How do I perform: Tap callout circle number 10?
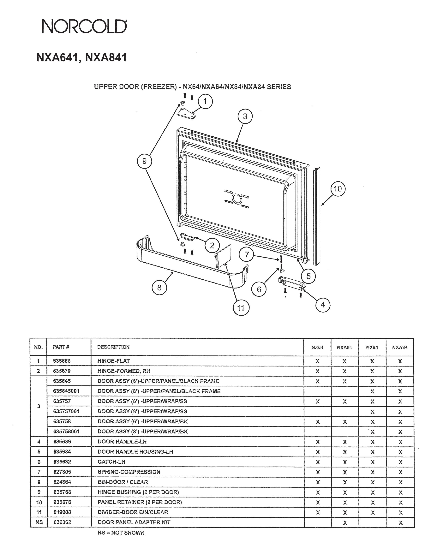[x=338, y=189]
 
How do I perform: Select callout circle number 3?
[x=245, y=116]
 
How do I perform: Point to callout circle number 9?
[x=144, y=161]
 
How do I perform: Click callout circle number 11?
[x=241, y=308]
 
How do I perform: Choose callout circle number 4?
[x=323, y=305]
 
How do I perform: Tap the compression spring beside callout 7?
[x=281, y=261]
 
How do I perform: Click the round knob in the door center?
[x=237, y=199]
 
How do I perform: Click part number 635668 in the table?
[x=62, y=361]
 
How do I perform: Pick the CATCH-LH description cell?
[x=111, y=462]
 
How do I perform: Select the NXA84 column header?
[x=400, y=347]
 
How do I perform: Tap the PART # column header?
[x=61, y=347]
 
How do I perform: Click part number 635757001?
[x=66, y=411]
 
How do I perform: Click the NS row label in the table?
[x=39, y=522]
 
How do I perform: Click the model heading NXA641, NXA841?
[x=81, y=57]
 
